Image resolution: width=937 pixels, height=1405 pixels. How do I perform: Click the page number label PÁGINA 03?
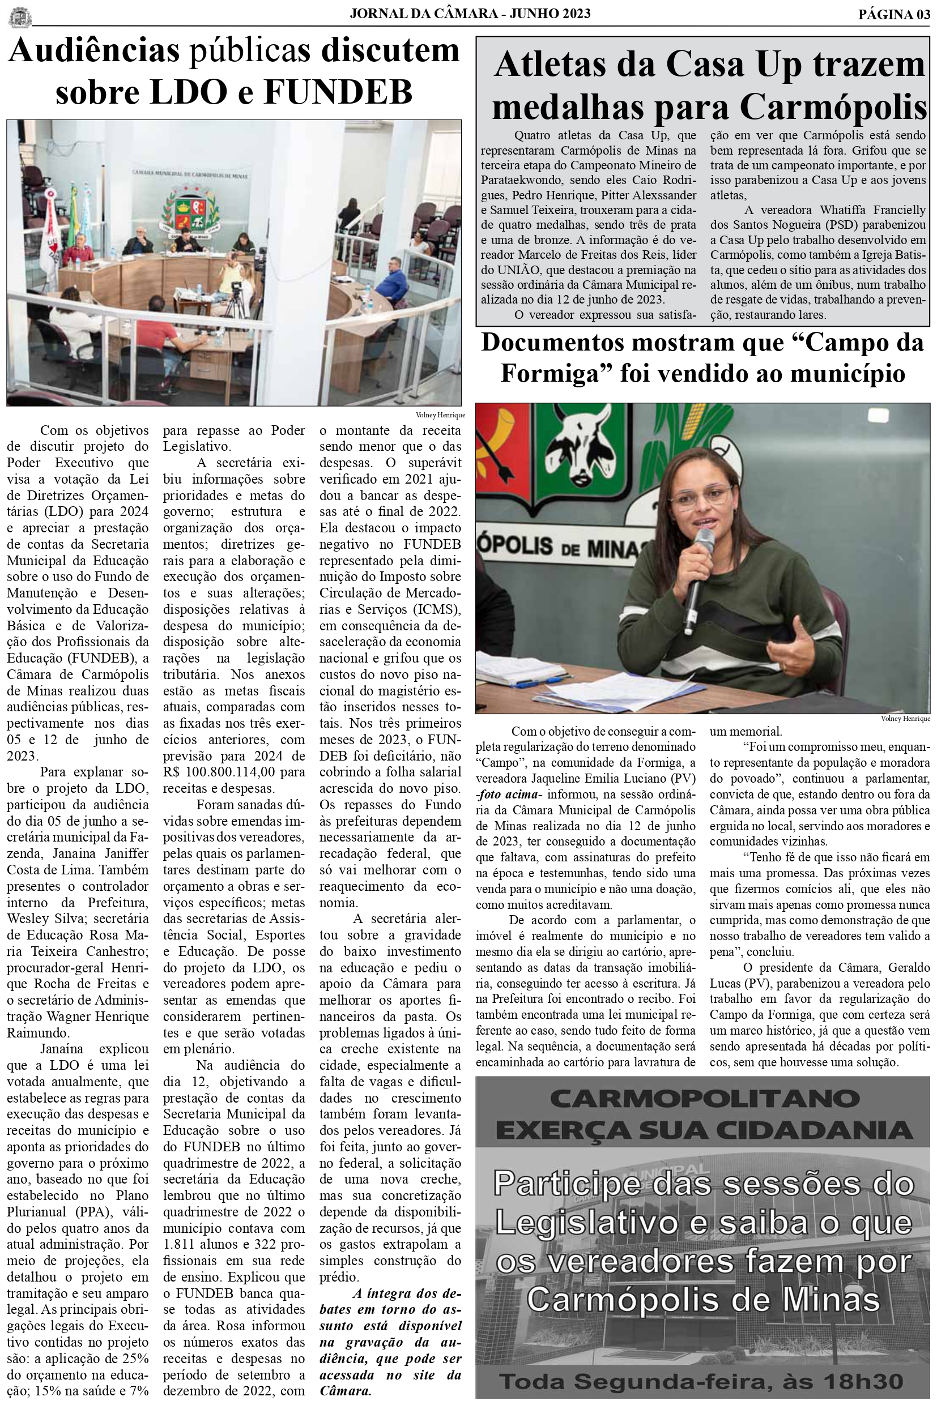click(894, 14)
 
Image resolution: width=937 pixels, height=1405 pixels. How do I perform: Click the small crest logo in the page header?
click(20, 17)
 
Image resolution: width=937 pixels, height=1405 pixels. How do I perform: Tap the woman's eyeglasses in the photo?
click(702, 495)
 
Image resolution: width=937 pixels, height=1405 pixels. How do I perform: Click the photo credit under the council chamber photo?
click(440, 415)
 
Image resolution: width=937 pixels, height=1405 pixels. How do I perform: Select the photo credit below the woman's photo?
click(905, 719)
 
